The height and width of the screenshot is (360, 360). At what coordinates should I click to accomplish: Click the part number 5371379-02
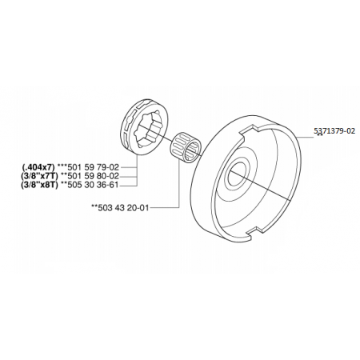(334, 131)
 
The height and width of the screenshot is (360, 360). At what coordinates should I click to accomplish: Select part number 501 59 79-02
(93, 167)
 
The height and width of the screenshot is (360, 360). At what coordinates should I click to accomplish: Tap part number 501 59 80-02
(93, 176)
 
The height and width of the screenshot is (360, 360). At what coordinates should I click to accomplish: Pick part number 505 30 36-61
(93, 185)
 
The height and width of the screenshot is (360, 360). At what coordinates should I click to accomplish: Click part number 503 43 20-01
(123, 207)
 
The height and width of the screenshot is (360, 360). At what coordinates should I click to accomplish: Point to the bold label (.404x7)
(38, 167)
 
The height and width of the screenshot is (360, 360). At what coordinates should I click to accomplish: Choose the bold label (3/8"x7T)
(39, 176)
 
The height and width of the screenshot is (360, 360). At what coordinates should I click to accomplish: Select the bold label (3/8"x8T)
(39, 185)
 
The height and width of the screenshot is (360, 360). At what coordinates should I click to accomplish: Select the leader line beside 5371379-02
(306, 137)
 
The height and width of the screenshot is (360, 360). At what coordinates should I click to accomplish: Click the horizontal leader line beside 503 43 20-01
(163, 207)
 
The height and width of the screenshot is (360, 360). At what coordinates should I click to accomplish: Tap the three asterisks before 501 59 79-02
(62, 166)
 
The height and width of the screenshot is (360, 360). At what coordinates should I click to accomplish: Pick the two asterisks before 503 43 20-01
(94, 206)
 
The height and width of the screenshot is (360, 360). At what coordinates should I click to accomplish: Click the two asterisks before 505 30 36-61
(64, 183)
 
